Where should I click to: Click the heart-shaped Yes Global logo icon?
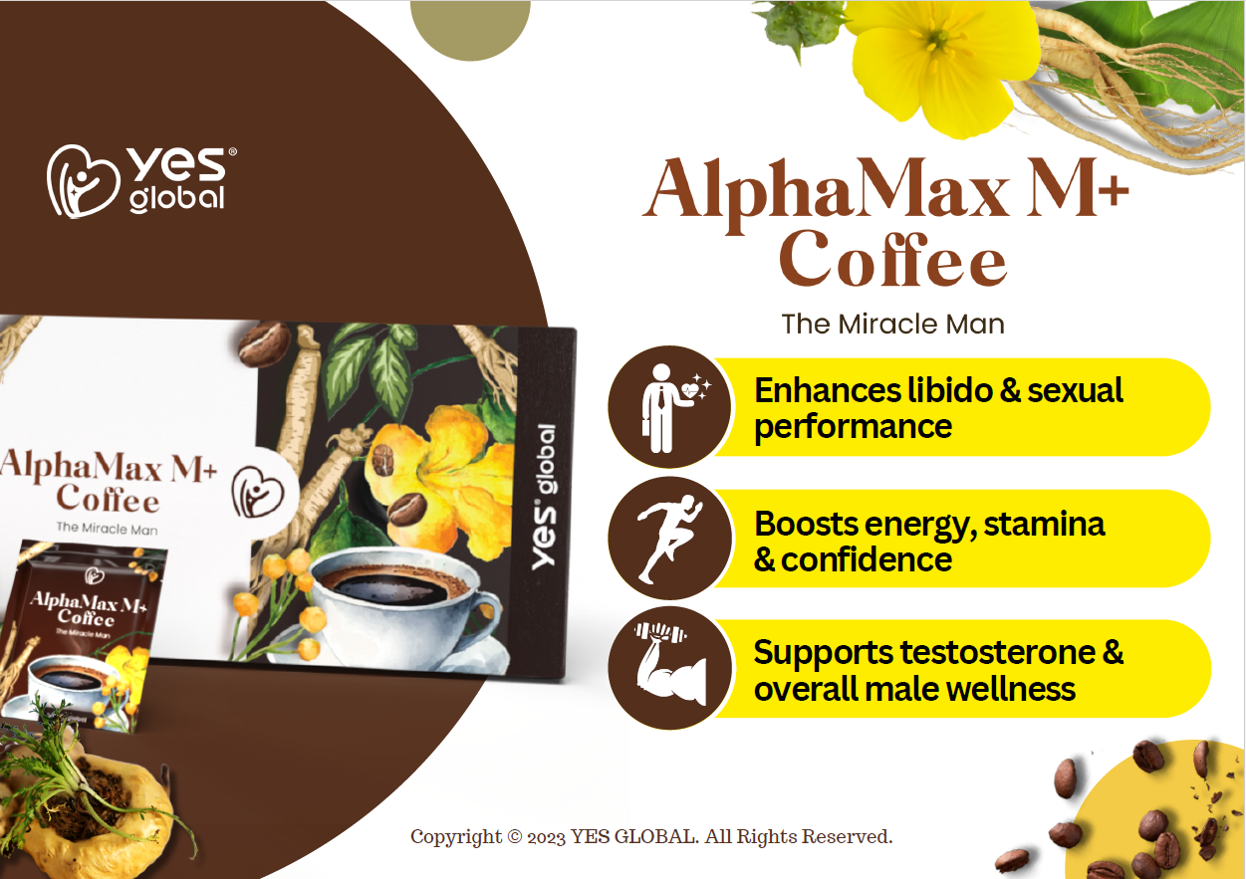click(x=84, y=181)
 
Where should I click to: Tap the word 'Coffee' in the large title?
click(x=893, y=259)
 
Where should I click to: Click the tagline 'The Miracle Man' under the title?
click(x=892, y=325)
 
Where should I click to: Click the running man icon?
click(x=670, y=539)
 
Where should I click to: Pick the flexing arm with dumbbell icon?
click(x=670, y=665)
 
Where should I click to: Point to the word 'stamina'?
click(x=1044, y=524)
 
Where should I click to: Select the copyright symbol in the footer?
click(x=515, y=837)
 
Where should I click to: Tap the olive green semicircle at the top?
click(x=470, y=28)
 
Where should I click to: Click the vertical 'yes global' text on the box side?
click(x=544, y=497)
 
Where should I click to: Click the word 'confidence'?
click(x=866, y=559)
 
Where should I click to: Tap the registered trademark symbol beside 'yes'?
click(x=232, y=151)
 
